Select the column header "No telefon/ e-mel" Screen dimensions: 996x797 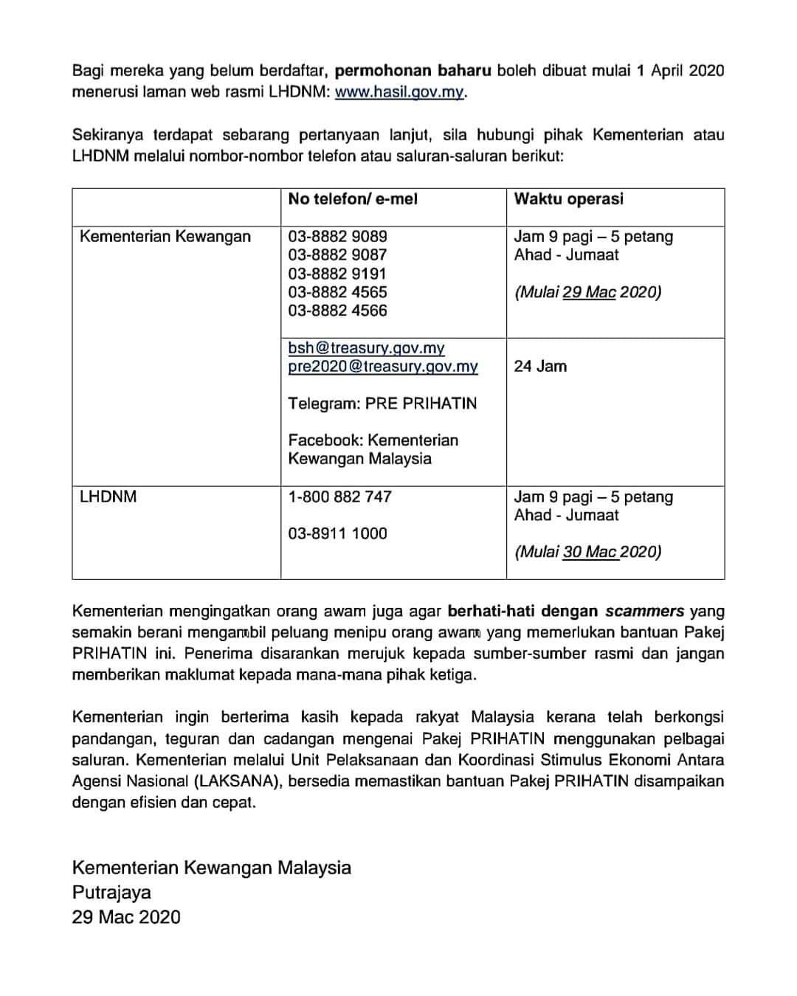coord(353,198)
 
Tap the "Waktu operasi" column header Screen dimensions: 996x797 coord(568,198)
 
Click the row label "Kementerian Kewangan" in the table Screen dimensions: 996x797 coord(165,236)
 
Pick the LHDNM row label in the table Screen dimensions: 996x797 coord(108,497)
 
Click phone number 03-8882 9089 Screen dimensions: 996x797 coord(337,236)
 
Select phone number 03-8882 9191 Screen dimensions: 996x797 coord(337,274)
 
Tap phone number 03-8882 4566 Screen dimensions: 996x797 coord(337,311)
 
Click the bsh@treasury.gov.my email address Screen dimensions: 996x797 coord(366,347)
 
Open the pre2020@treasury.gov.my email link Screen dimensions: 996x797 coord(383,366)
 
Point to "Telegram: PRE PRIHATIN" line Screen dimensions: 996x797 coord(382,403)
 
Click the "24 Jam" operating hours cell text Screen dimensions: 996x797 coord(540,366)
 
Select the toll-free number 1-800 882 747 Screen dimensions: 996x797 coord(339,497)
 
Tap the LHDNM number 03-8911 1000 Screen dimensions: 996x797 coord(337,533)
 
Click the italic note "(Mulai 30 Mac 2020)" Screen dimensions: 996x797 coord(587,551)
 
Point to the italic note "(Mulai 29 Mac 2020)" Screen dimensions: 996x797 coord(587,291)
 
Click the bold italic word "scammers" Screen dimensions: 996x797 coord(644,611)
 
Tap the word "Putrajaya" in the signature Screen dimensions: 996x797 coord(111,892)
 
